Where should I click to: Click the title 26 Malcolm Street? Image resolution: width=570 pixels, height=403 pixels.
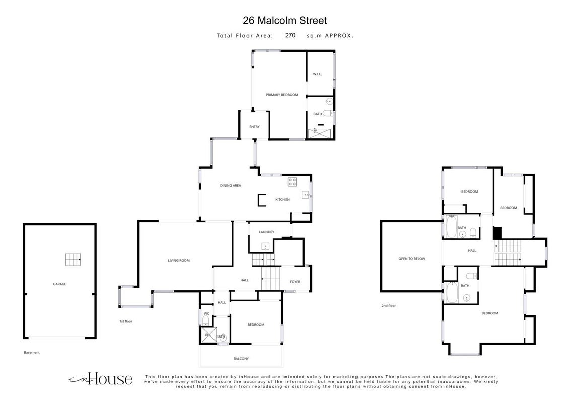coord(284,21)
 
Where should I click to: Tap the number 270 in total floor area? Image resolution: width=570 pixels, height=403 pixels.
coord(290,35)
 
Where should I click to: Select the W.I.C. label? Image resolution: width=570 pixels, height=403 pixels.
coord(317,74)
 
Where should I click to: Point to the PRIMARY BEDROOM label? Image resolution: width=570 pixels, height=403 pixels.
coord(282,95)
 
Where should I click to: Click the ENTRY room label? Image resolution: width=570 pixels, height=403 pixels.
coord(254,127)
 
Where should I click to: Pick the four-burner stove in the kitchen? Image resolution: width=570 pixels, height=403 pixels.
coord(292,182)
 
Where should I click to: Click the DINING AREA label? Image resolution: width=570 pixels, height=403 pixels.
coord(231,185)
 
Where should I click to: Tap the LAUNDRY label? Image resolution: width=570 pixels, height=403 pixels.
coord(267,232)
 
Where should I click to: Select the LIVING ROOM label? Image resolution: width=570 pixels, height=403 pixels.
coord(179,260)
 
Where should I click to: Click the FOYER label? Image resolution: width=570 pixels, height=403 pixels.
coord(295,282)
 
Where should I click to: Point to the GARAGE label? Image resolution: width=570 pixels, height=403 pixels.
coord(59,284)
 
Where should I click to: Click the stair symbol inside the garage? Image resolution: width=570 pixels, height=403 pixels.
coord(73,260)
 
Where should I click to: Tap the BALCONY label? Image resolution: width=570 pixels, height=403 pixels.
coord(241,359)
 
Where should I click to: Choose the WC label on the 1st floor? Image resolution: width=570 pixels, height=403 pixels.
coord(206,313)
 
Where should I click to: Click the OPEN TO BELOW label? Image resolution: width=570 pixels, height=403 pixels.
coord(412,259)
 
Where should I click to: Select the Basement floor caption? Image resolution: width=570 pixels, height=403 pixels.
coord(32,352)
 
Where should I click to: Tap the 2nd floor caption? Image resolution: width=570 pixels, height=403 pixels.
coord(389,305)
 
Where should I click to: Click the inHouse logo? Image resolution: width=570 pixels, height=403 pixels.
coord(101,379)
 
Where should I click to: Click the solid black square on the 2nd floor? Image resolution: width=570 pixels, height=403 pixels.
coord(497,233)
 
